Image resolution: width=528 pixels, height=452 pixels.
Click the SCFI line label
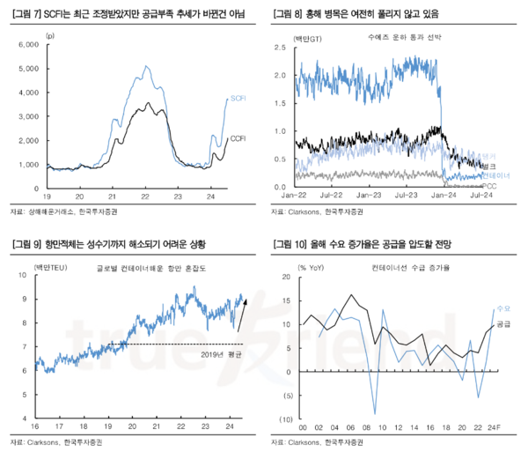pos(238,99)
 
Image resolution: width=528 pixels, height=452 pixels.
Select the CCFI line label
pos(238,138)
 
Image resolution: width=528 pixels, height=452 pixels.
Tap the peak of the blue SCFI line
pos(145,65)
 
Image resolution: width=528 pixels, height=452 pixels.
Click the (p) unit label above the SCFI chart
pos(48,34)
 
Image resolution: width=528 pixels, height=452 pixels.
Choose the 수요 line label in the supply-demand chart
pos(503,309)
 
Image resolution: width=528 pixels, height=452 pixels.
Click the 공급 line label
pos(503,324)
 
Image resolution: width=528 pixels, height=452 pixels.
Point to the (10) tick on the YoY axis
pos(286,419)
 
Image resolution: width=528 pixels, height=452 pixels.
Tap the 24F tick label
pos(494,428)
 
